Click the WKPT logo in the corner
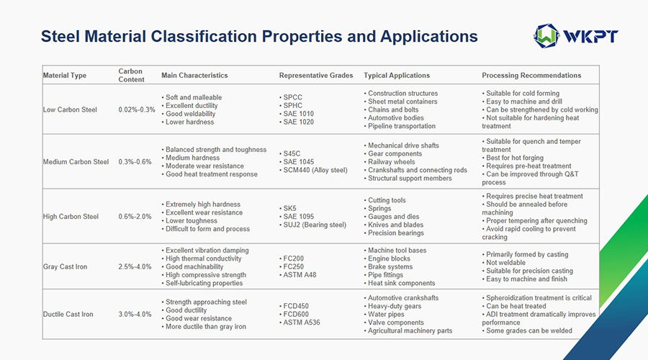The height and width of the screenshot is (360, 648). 575,35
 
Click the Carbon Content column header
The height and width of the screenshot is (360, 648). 131,75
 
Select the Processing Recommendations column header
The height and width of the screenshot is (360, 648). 531,75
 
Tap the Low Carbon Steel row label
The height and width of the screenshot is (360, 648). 70,109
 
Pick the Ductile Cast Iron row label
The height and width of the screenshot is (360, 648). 68,314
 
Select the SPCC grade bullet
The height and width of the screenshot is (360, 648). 294,97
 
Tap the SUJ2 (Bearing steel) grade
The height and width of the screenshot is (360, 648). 316,225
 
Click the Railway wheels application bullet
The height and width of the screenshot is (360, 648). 393,162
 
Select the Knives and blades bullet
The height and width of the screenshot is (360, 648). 397,225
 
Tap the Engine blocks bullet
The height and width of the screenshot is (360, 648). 390,258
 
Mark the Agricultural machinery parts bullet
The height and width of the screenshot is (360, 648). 411,330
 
